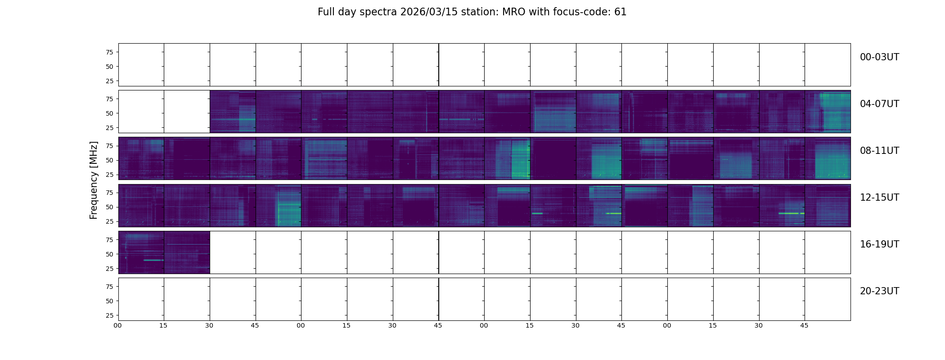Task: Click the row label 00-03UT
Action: (x=879, y=57)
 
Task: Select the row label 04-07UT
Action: (x=879, y=104)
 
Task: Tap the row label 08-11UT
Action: (x=879, y=151)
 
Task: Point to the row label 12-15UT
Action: (x=879, y=198)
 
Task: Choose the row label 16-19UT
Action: (x=879, y=244)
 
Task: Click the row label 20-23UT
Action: (x=879, y=291)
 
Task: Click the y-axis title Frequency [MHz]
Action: (x=94, y=180)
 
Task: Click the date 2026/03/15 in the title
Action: (x=423, y=12)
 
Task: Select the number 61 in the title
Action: (x=620, y=12)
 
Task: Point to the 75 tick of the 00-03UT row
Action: (x=109, y=52)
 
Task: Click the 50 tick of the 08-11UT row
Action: (x=109, y=160)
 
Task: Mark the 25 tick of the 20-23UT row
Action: (x=109, y=315)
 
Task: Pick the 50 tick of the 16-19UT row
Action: (x=109, y=254)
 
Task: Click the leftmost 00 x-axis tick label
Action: (x=118, y=325)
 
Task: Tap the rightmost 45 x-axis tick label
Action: (x=804, y=325)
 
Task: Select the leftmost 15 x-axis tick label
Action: (x=163, y=325)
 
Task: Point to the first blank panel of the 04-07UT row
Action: (x=141, y=112)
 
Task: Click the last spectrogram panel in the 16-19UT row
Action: (x=187, y=252)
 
